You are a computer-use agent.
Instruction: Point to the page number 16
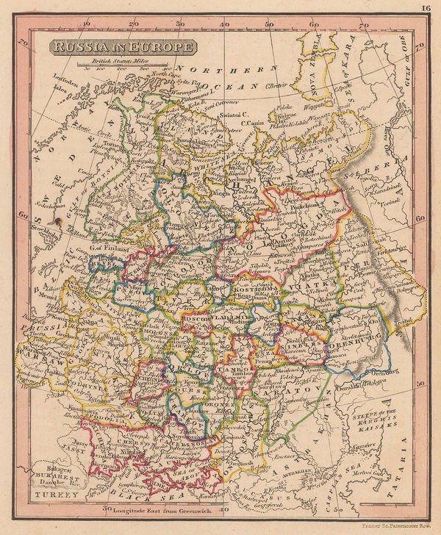tap(426, 9)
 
